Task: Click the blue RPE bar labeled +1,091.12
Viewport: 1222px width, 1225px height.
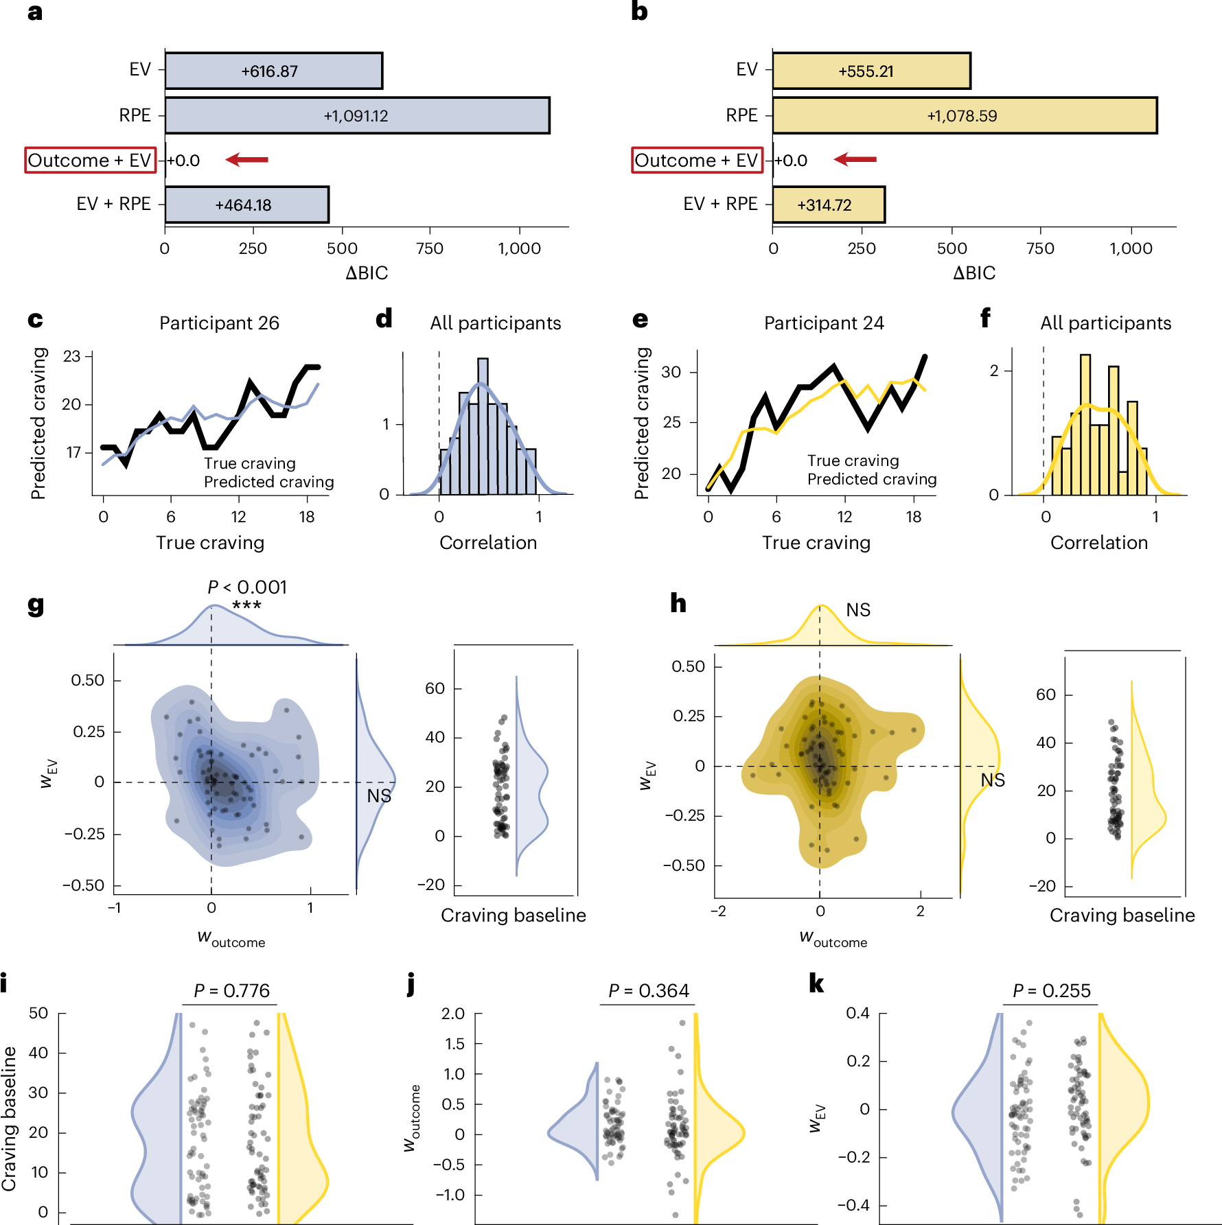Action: [x=357, y=115]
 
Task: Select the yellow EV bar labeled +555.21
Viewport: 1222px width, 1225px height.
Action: [x=871, y=71]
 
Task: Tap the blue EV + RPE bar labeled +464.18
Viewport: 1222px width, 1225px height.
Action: [x=246, y=205]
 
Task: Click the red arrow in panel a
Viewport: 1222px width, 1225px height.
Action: [x=246, y=160]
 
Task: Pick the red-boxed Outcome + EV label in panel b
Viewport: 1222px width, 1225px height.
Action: [x=697, y=160]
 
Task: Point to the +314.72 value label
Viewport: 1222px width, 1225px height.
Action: [x=824, y=205]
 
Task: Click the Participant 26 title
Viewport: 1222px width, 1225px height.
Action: [x=219, y=323]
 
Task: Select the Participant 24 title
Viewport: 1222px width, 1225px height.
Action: [x=824, y=323]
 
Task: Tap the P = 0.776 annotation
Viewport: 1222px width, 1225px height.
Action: [x=231, y=991]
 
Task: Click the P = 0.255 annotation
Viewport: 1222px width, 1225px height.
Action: [x=1051, y=991]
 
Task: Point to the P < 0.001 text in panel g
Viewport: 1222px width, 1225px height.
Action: [x=247, y=587]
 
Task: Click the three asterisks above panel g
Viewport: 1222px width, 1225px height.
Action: [x=246, y=605]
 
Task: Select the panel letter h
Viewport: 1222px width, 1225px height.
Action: [x=678, y=603]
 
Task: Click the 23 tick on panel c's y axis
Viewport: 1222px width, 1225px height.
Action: [x=72, y=356]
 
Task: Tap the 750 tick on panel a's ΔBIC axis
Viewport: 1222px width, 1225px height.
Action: [x=430, y=248]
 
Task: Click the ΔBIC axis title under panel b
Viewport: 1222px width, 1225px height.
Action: [x=973, y=273]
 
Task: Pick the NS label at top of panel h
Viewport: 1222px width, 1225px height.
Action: [x=858, y=610]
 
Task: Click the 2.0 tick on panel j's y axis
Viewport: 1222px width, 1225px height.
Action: [x=453, y=1014]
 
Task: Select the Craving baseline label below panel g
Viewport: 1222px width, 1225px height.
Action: [x=513, y=915]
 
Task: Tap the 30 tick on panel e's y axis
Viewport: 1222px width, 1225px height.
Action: [x=671, y=372]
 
